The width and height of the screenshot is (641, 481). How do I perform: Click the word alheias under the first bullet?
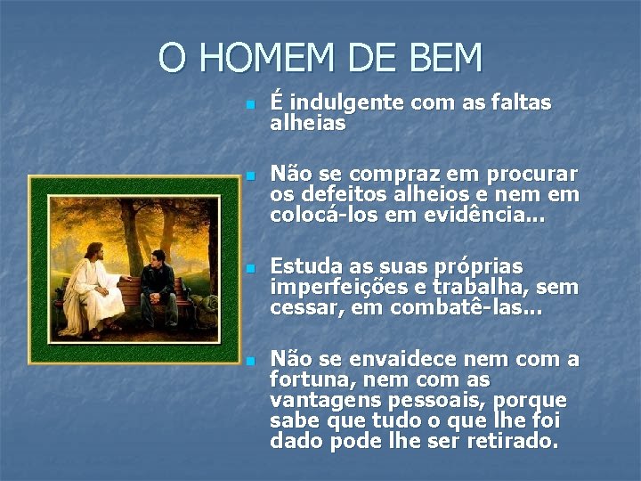[307, 124]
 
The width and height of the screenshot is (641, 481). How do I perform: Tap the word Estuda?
[307, 266]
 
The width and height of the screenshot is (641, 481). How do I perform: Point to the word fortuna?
[306, 380]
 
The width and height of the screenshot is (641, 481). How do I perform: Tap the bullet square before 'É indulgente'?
[250, 105]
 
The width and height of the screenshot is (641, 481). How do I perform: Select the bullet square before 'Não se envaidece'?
[250, 361]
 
